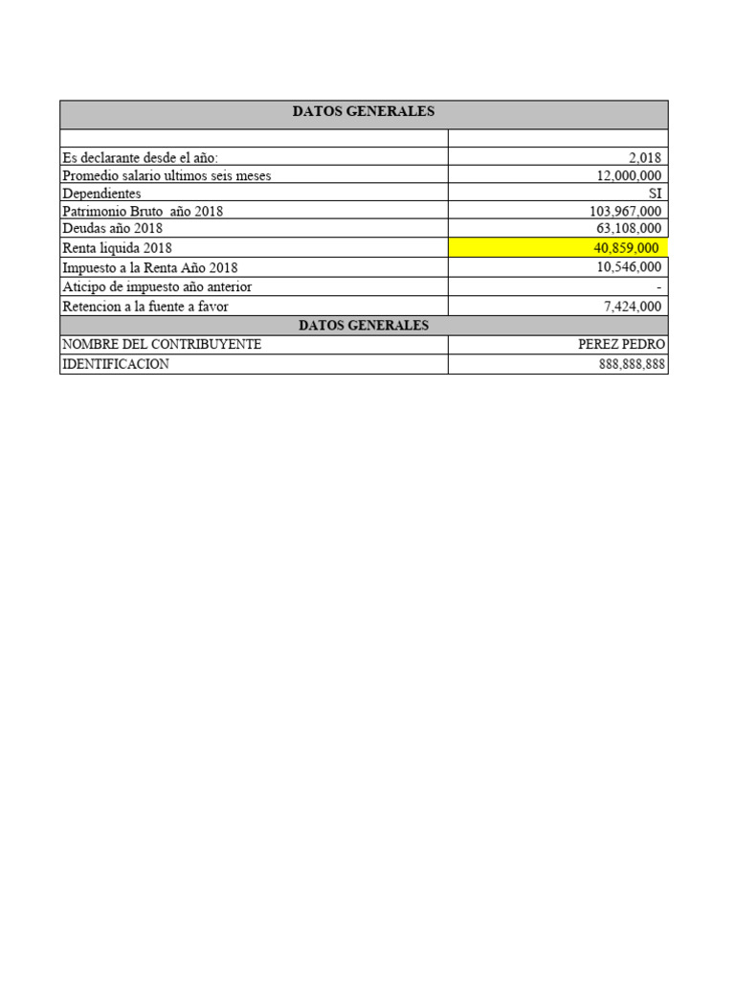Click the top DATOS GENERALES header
[364, 112]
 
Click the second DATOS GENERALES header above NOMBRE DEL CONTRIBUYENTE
[364, 326]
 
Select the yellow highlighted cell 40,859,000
[626, 248]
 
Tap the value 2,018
[644, 158]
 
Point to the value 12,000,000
[628, 176]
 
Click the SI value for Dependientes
[655, 194]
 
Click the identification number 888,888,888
[625, 365]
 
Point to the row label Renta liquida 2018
[117, 248]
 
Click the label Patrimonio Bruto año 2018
[143, 212]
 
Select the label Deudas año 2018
[112, 229]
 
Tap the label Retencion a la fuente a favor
[145, 307]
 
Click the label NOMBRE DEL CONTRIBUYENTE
[162, 344]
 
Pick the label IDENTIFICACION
[116, 365]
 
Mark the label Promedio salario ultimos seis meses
[167, 176]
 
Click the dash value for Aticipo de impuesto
[659, 287]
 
